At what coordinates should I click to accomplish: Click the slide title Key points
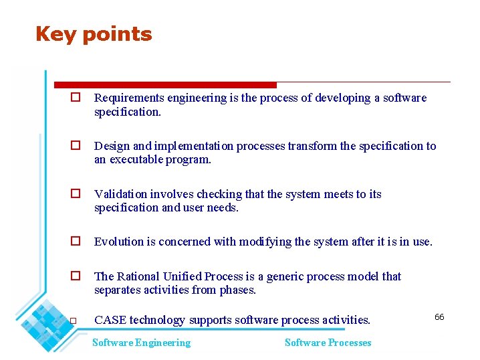(94, 34)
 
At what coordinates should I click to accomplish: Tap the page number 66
(439, 317)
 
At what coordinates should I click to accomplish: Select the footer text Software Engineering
(141, 343)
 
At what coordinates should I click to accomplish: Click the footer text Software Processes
(328, 343)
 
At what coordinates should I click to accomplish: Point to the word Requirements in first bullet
(129, 98)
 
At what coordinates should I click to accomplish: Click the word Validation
(120, 194)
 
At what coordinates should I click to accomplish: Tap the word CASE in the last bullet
(110, 320)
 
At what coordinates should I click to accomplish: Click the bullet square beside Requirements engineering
(76, 98)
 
